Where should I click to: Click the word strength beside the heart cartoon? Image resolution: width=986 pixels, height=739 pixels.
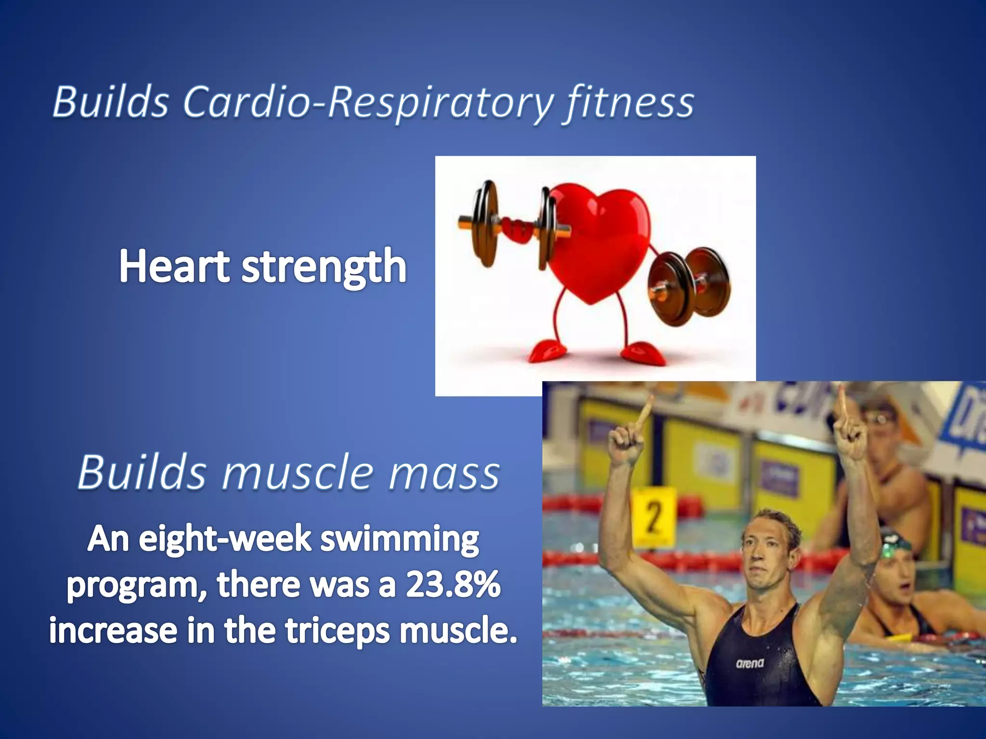(324, 268)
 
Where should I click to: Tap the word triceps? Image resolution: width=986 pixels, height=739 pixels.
(337, 630)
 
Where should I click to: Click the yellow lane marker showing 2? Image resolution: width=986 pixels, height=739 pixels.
(653, 517)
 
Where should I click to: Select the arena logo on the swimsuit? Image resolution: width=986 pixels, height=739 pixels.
(750, 663)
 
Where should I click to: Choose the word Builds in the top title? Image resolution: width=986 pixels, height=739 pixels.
(111, 102)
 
